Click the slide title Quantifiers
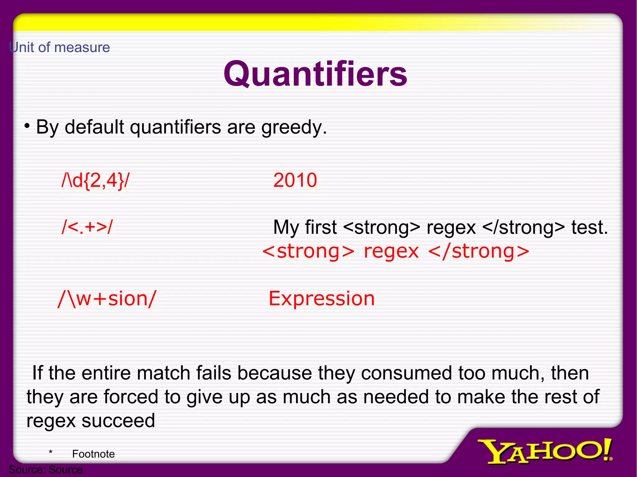pyautogui.click(x=315, y=74)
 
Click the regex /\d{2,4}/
pyautogui.click(x=95, y=180)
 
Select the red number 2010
pyautogui.click(x=295, y=180)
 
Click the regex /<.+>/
pyautogui.click(x=87, y=227)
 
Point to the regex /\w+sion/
pyautogui.click(x=107, y=299)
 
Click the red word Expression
pyautogui.click(x=322, y=299)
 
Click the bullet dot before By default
pyautogui.click(x=27, y=126)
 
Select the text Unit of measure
pyautogui.click(x=59, y=48)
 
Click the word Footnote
pyautogui.click(x=93, y=454)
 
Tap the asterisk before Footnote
pyautogui.click(x=50, y=453)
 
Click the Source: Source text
pyautogui.click(x=46, y=470)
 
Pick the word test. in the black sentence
pyautogui.click(x=589, y=227)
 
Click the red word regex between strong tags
pyautogui.click(x=391, y=252)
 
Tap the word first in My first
pyautogui.click(x=321, y=227)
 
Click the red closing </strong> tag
pyautogui.click(x=478, y=252)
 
